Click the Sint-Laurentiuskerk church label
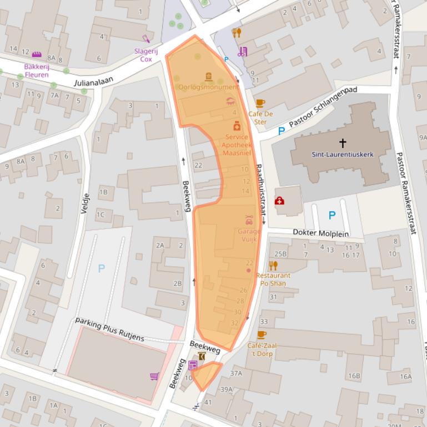pos(343,155)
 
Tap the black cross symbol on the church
pos(343,143)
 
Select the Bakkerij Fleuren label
pos(37,70)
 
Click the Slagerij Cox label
pos(146,55)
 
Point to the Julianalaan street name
pos(93,82)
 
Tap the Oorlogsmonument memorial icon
pos(209,77)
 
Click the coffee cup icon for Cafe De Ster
pos(260,103)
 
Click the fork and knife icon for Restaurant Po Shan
pos(273,265)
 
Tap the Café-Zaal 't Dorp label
pos(262,349)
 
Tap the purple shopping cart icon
pos(154,377)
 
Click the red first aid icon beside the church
pos(279,200)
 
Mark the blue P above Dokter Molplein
pos(332,215)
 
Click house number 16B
pos(354,376)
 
